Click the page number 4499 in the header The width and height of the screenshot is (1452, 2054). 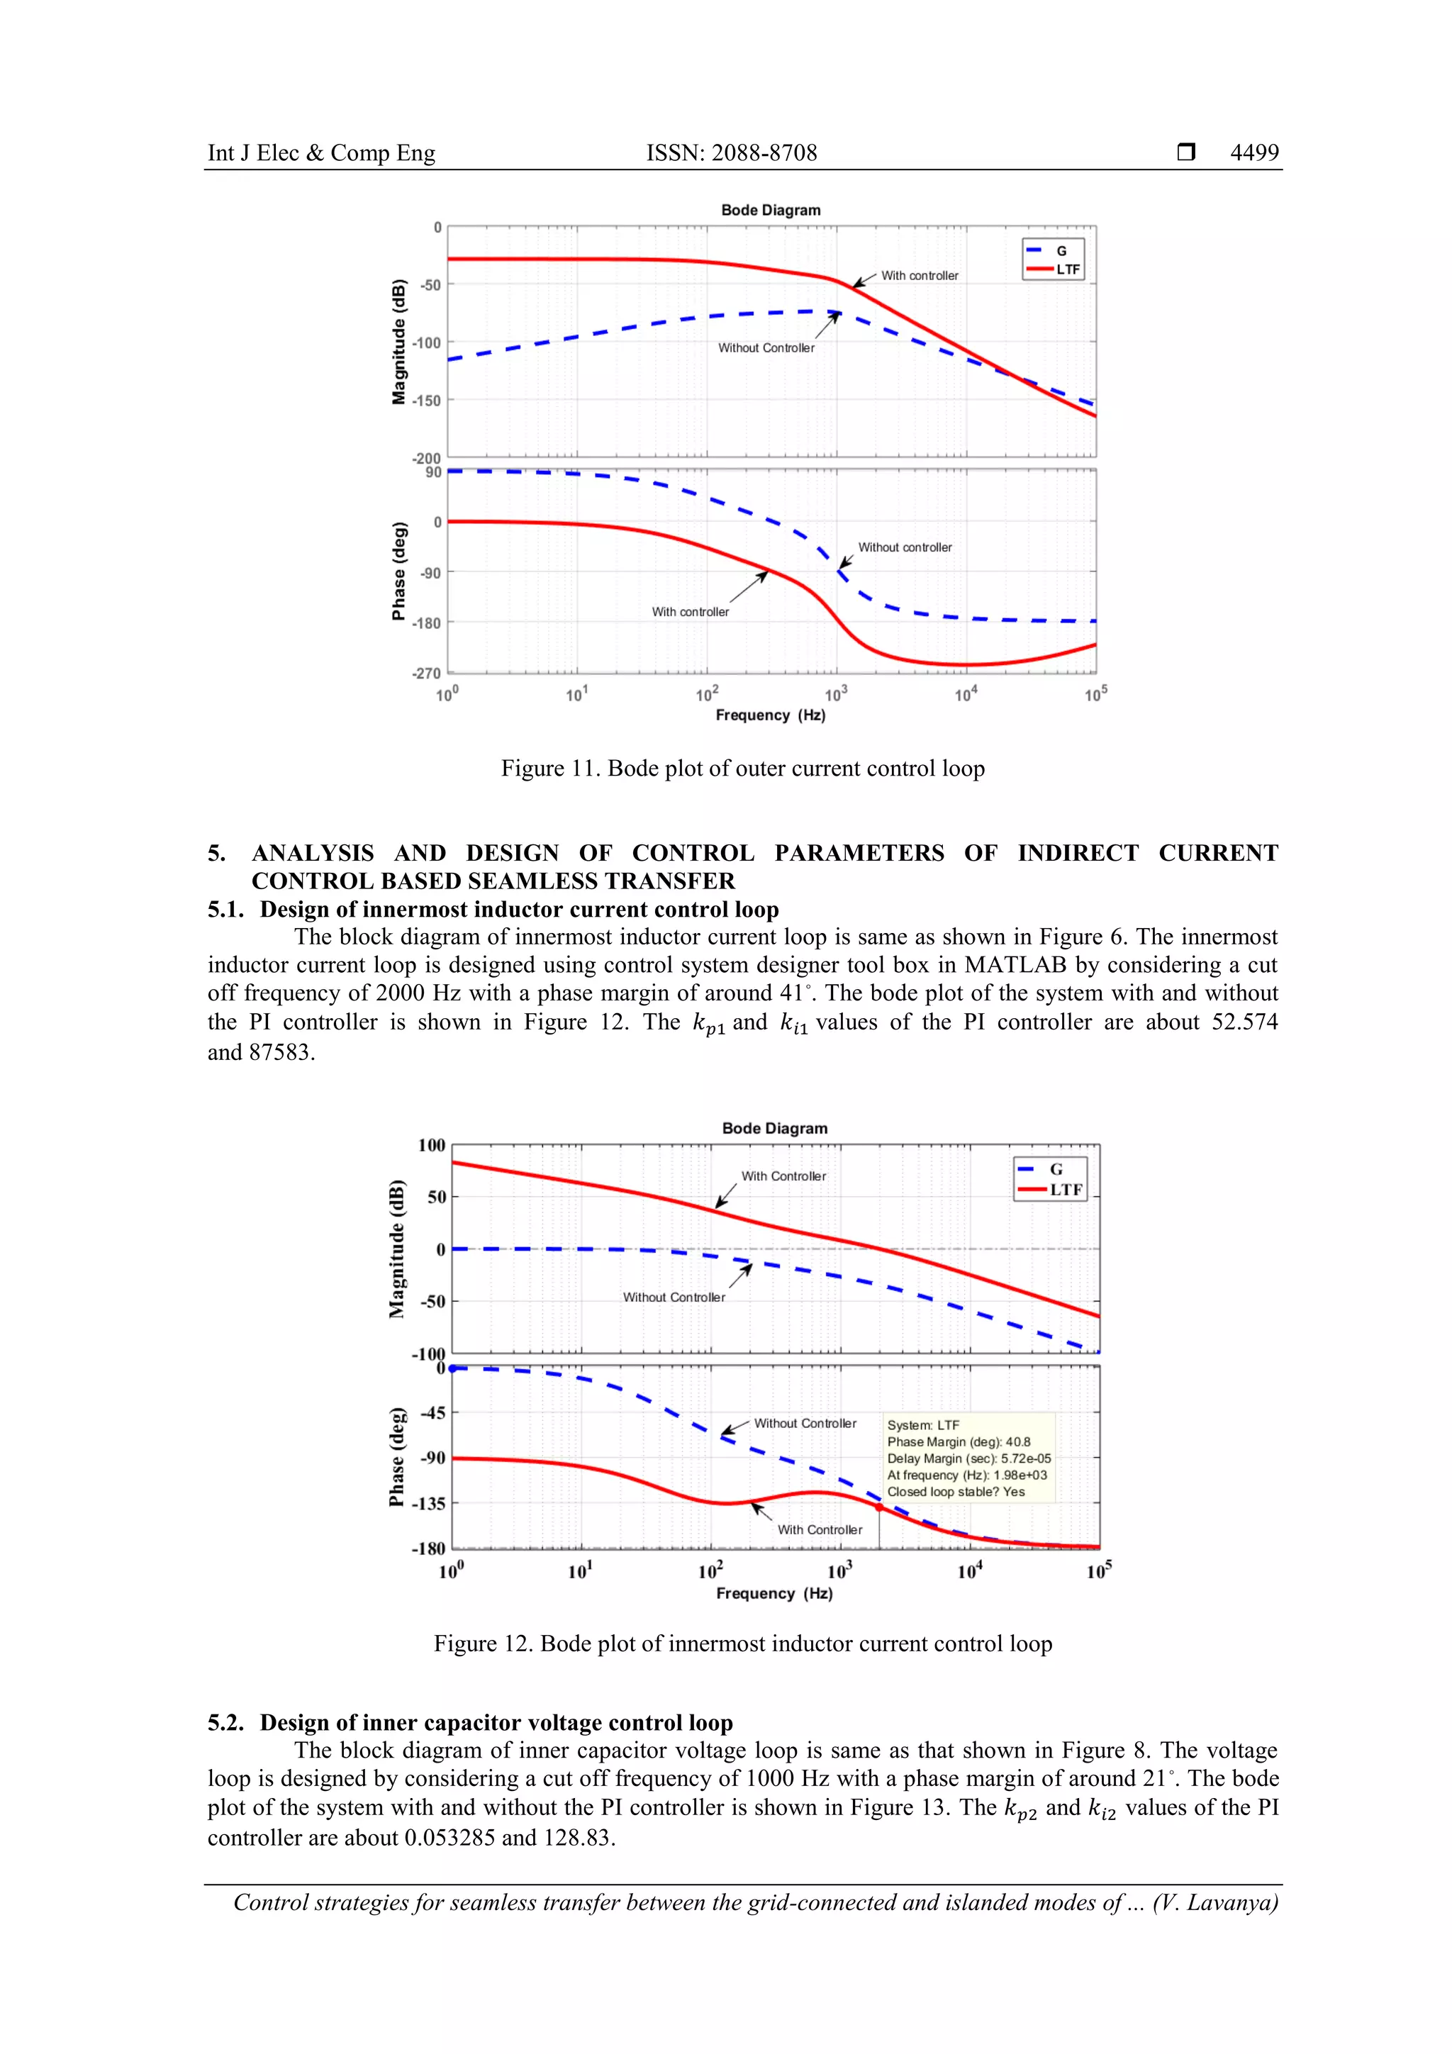[x=1253, y=153]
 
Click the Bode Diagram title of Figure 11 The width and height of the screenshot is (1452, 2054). [x=770, y=211]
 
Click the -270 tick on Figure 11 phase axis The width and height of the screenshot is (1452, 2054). [x=426, y=673]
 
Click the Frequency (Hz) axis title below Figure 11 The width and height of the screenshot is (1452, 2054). [x=770, y=715]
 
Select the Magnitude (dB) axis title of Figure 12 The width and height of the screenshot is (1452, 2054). [x=397, y=1249]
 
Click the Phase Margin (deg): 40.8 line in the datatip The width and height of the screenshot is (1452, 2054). [x=958, y=1442]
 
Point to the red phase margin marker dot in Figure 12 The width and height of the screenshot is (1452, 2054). [x=878, y=1507]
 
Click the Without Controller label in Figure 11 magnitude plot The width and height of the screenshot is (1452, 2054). [x=766, y=348]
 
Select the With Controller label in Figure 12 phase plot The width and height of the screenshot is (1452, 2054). [x=820, y=1530]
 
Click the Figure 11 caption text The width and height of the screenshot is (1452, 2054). [x=742, y=769]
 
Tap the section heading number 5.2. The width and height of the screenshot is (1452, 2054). [x=225, y=1723]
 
